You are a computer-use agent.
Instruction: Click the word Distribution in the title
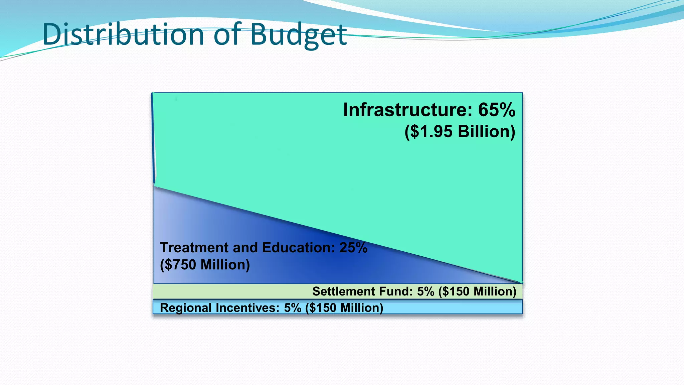pos(123,34)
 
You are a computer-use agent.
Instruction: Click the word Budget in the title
pos(298,35)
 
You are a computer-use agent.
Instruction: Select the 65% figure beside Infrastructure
pos(497,110)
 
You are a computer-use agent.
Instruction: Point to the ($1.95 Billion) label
pos(460,131)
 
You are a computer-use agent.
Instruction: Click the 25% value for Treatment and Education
pos(353,248)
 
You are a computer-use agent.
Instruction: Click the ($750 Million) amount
pos(205,265)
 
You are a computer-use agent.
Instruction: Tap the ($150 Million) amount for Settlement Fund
pos(477,291)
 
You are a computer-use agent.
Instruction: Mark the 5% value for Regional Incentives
pos(293,308)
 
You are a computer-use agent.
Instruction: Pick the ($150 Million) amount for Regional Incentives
pos(344,308)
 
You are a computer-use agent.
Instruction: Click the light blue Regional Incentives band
pos(451,307)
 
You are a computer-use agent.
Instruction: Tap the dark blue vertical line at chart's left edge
pos(153,137)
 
